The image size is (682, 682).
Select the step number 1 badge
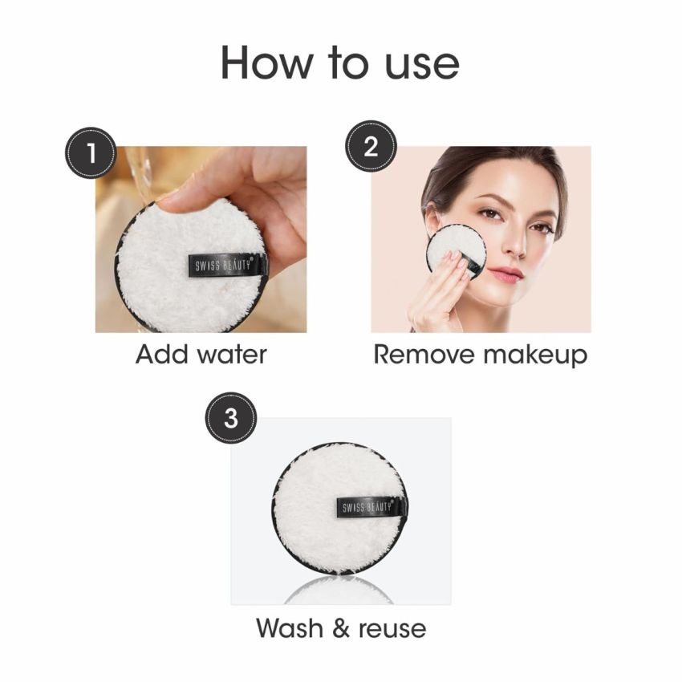pyautogui.click(x=91, y=151)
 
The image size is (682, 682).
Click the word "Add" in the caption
pyautogui.click(x=160, y=354)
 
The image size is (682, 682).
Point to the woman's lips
pyautogui.click(x=507, y=274)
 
